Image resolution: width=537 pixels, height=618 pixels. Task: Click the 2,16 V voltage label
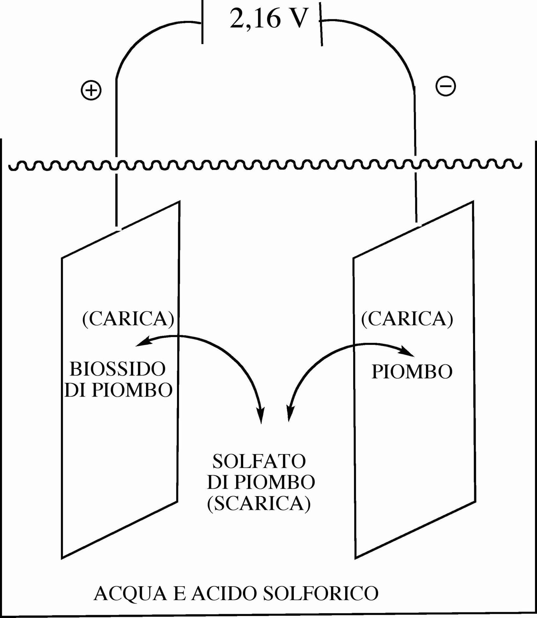click(x=269, y=19)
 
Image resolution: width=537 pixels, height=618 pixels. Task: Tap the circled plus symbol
click(x=91, y=90)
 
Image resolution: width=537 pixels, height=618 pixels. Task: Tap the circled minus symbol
click(x=445, y=86)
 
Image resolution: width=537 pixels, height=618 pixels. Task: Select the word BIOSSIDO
click(x=118, y=369)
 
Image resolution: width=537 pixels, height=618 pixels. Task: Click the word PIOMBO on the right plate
click(x=412, y=372)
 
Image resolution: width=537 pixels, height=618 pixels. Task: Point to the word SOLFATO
click(x=259, y=461)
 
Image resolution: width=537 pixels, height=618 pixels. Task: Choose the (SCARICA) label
click(x=259, y=504)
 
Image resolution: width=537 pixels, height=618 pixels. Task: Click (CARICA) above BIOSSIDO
click(x=128, y=319)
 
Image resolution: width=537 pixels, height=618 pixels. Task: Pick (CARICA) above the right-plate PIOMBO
click(x=407, y=319)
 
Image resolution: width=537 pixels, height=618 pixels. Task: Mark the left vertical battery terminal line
click(x=203, y=22)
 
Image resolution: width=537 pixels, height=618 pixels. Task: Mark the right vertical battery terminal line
click(x=321, y=24)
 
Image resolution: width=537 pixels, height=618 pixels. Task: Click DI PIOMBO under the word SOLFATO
click(x=261, y=483)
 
